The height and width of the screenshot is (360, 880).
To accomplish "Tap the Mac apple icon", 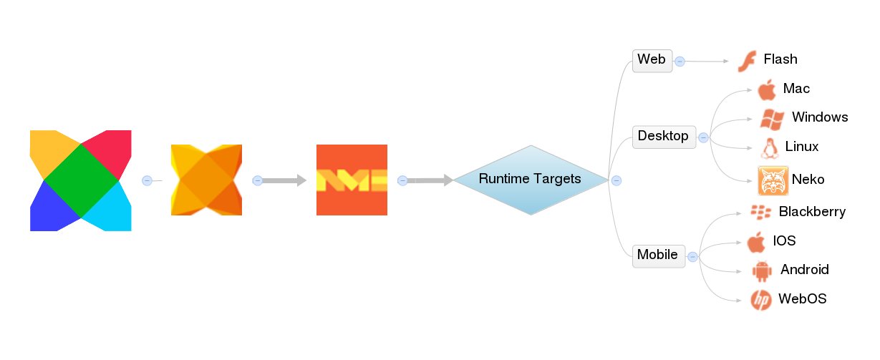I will pyautogui.click(x=766, y=90).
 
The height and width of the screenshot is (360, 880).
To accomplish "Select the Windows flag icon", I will pyautogui.click(x=771, y=119).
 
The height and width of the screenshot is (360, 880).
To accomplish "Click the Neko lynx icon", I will pyautogui.click(x=773, y=181).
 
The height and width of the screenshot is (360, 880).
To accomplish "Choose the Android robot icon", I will pyautogui.click(x=762, y=271).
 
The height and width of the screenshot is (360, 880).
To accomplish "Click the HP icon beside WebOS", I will pyautogui.click(x=760, y=300).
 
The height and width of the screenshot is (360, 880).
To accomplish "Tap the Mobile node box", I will pyautogui.click(x=658, y=256).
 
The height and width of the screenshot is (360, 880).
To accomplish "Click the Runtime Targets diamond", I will pyautogui.click(x=530, y=180).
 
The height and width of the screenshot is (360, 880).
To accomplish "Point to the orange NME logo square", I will pyautogui.click(x=352, y=180).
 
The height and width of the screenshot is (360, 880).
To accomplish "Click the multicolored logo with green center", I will pyautogui.click(x=80, y=180).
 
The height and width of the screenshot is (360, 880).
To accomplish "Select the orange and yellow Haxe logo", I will pyautogui.click(x=206, y=180).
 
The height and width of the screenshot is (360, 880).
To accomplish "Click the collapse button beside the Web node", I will pyautogui.click(x=680, y=62).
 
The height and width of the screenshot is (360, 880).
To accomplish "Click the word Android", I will pyautogui.click(x=805, y=270).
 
